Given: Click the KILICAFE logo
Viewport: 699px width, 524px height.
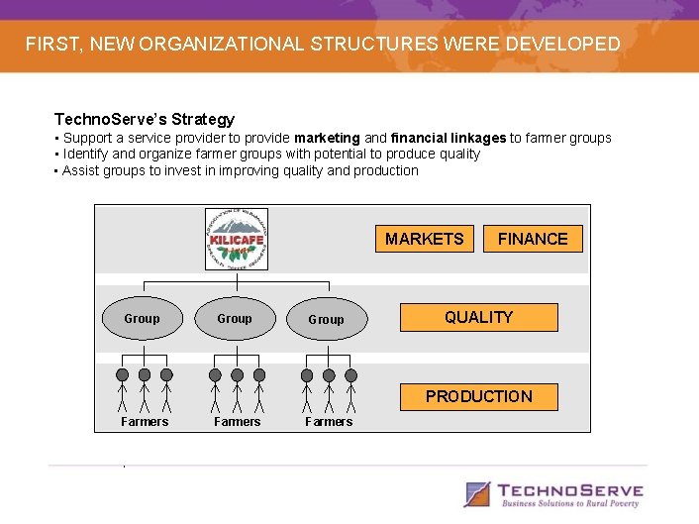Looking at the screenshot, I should tap(236, 239).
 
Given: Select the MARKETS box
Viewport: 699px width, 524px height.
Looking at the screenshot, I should tap(424, 239).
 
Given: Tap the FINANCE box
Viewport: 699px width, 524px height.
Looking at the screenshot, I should tap(533, 239).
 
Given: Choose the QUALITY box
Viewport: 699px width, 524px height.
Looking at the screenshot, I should tap(478, 317).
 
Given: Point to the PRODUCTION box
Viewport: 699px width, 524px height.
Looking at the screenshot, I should tap(478, 396).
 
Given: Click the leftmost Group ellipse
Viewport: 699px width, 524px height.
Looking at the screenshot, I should tap(142, 319).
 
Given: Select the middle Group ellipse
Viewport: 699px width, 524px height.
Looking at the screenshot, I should tap(235, 319).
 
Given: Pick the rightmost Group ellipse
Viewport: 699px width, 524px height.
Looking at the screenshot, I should tap(327, 320).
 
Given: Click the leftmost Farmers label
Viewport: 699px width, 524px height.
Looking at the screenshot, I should tap(145, 422).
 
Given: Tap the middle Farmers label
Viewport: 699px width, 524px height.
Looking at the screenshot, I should tap(238, 422).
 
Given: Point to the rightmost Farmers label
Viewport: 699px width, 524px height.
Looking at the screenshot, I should tap(329, 422).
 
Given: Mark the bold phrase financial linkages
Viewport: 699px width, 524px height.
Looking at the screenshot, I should tap(448, 138).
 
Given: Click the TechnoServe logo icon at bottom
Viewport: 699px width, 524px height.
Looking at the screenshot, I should tap(478, 493).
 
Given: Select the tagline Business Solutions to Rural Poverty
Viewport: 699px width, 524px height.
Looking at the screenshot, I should tap(571, 504).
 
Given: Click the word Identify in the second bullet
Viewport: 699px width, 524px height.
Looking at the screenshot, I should tap(86, 154).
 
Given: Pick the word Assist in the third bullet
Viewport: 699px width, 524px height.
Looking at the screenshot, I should tap(81, 170).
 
